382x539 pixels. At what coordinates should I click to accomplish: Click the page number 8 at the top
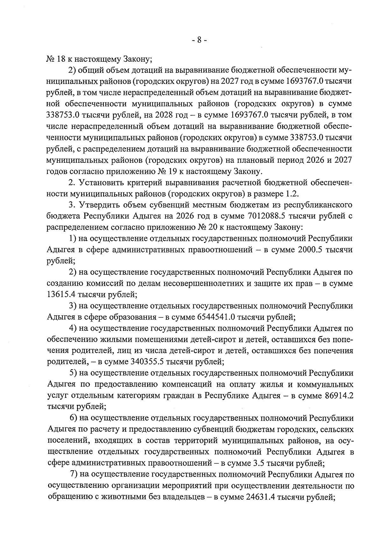point(199,40)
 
